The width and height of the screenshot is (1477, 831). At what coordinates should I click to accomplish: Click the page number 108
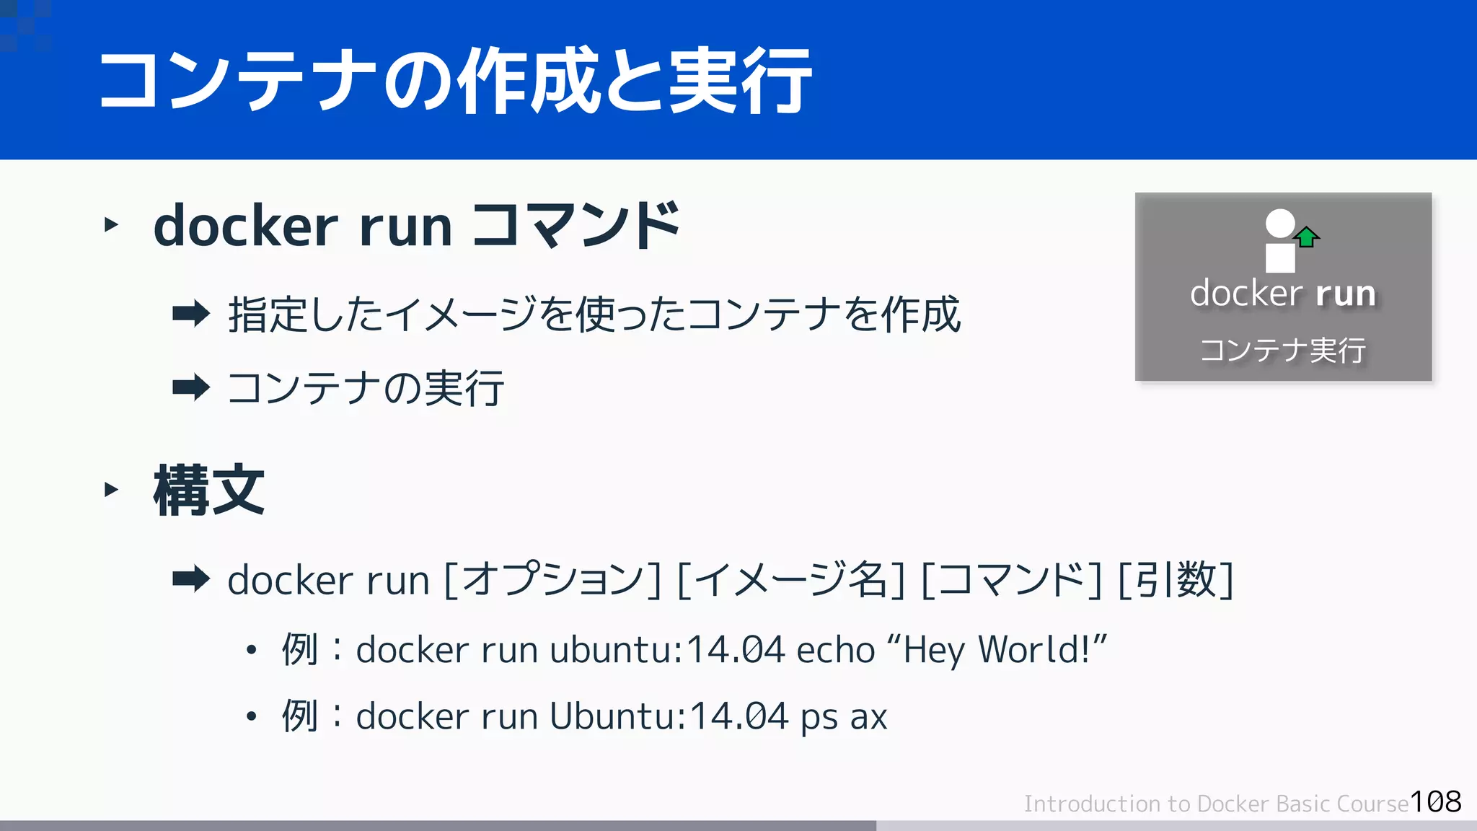(1435, 801)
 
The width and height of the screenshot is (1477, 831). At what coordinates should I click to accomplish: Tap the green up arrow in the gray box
(1306, 237)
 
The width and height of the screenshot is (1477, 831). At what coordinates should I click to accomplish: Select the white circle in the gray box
(1280, 223)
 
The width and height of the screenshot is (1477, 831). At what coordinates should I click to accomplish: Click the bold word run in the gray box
(1345, 294)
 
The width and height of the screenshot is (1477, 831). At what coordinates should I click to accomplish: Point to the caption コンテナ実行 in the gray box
(1283, 351)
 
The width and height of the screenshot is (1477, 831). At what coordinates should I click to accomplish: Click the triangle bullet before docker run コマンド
(111, 225)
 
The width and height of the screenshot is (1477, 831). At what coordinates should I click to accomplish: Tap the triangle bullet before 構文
(111, 490)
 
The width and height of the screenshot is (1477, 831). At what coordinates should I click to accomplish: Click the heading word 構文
(209, 490)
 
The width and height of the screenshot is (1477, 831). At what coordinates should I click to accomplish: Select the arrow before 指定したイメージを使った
(191, 314)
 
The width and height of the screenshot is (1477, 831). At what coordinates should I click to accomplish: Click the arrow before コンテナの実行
(191, 387)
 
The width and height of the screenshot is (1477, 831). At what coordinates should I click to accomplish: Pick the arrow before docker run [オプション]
(191, 579)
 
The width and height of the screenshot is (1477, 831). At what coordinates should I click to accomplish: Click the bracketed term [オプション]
(552, 579)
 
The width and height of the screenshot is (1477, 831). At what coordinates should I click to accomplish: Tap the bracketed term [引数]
(1176, 579)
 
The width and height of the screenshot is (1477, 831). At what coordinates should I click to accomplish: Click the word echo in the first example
(835, 649)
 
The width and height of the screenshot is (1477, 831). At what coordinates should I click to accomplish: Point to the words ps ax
(843, 717)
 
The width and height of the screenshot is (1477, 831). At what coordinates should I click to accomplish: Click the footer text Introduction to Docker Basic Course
(1216, 804)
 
